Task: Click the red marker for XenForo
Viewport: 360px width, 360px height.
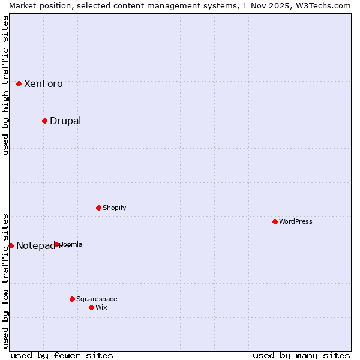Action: (x=19, y=83)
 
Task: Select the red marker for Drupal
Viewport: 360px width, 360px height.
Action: (x=44, y=121)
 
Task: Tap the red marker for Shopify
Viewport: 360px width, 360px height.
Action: (x=98, y=208)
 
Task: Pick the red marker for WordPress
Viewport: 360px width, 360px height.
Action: (x=275, y=221)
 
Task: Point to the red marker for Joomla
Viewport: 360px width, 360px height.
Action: (x=56, y=244)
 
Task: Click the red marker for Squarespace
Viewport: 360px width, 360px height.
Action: (x=72, y=299)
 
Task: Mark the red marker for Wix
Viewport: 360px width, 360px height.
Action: (x=91, y=307)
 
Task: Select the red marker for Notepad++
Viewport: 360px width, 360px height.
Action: (x=11, y=245)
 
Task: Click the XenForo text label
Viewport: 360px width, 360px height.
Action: (x=43, y=84)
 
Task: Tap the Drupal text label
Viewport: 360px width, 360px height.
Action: (x=65, y=121)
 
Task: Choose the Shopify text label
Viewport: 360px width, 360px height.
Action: (x=114, y=208)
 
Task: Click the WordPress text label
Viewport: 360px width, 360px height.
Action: (x=296, y=221)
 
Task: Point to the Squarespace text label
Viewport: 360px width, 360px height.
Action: (x=97, y=299)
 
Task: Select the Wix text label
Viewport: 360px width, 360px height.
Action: (x=101, y=307)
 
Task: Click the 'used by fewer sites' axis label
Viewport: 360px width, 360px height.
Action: (x=62, y=355)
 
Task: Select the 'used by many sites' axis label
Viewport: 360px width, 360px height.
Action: (x=301, y=355)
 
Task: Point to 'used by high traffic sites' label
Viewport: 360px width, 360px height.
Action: (x=5, y=85)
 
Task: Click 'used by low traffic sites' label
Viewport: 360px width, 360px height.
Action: (x=5, y=281)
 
